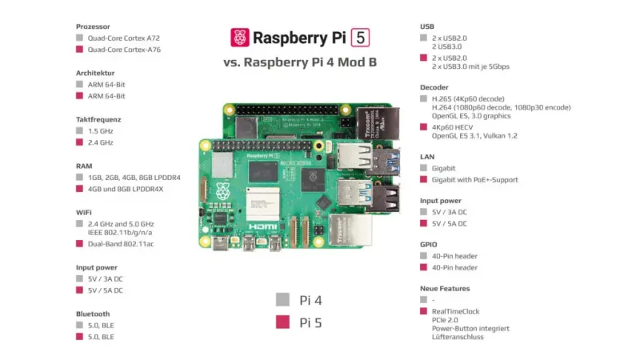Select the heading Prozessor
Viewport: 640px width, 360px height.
93,26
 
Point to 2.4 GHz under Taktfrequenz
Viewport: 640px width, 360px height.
101,142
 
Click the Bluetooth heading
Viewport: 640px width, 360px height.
93,314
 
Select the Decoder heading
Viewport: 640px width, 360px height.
434,87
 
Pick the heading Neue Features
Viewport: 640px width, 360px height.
445,288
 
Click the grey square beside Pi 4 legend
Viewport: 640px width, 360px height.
282,301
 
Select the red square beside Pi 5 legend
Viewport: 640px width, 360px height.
282,323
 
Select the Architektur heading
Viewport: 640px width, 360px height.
97,73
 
